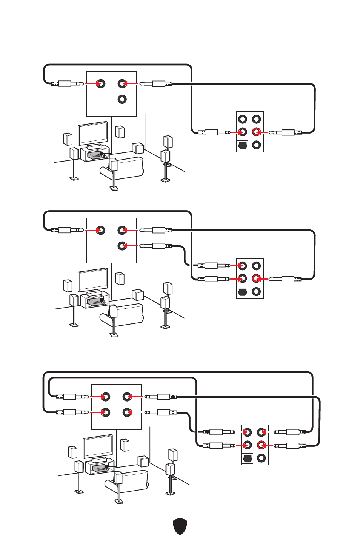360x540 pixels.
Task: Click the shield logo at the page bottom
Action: click(180, 526)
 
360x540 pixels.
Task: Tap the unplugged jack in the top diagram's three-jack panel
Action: click(122, 99)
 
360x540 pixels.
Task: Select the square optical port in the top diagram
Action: click(242, 145)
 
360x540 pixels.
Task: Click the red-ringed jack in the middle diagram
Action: click(257, 279)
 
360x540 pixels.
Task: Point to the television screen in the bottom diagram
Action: click(98, 446)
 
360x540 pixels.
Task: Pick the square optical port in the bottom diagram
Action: click(247, 458)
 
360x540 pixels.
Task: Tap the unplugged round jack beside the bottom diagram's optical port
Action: click(261, 458)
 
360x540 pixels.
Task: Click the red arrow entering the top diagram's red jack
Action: click(263, 132)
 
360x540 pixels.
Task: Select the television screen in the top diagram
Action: click(93, 133)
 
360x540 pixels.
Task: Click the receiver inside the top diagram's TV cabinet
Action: click(95, 155)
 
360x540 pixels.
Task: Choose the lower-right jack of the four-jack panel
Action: click(127, 412)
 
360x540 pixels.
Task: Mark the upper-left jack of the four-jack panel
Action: click(106, 397)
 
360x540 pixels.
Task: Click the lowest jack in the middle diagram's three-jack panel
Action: click(122, 246)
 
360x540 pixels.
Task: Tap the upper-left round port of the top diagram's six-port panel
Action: click(243, 119)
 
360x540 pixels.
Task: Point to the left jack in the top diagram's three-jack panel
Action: click(101, 83)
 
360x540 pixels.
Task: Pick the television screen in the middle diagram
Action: click(93, 280)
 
